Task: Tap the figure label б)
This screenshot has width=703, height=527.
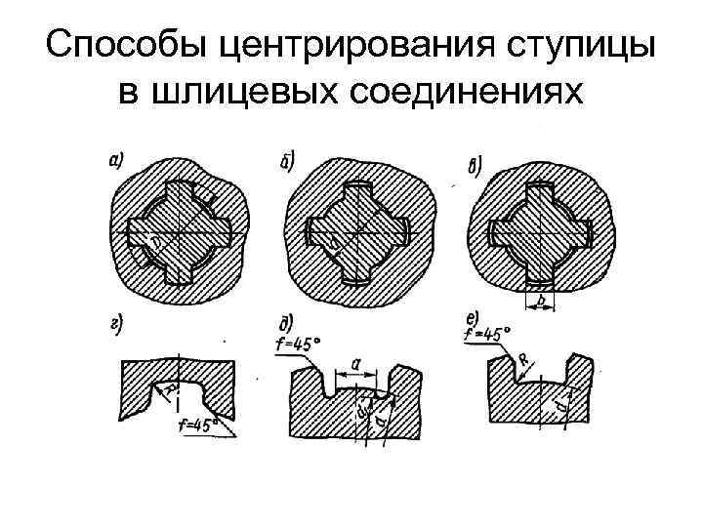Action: (289, 158)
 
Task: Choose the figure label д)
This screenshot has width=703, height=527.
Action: (288, 323)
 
